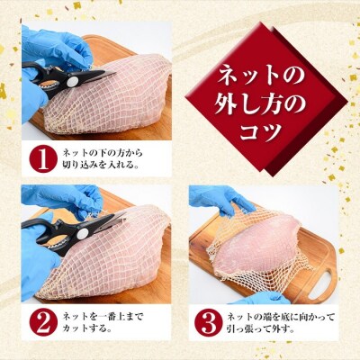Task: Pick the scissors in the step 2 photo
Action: click(72, 225)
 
